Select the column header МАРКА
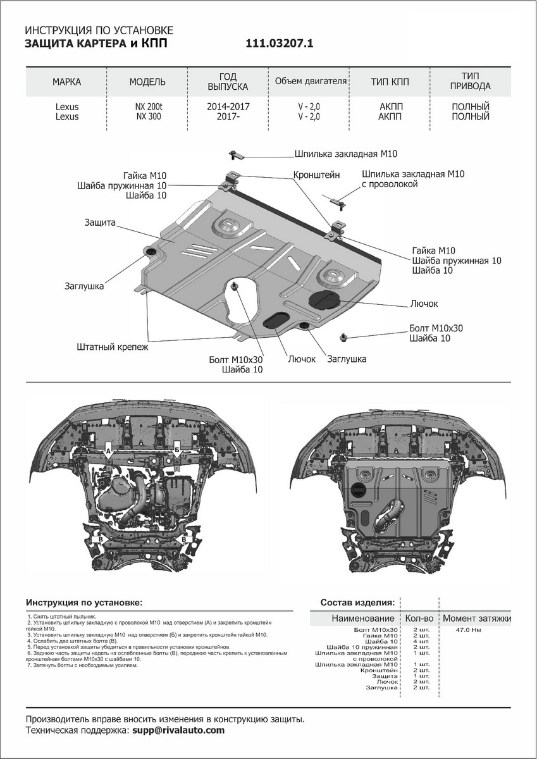click(66, 82)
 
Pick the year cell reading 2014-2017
click(228, 106)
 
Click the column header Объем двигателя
click(311, 82)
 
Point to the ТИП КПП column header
click(390, 82)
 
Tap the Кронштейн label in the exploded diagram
click(316, 174)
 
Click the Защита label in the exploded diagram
click(99, 223)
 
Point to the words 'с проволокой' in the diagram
click(390, 184)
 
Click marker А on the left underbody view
click(108, 451)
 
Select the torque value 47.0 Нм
click(469, 631)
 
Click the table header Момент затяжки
click(476, 618)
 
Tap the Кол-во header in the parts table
click(418, 618)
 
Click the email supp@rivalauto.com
click(178, 730)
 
